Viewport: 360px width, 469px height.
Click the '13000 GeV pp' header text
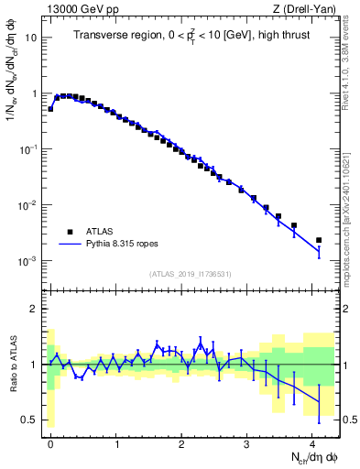[x=78, y=8]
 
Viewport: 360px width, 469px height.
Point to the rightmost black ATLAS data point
[x=319, y=240]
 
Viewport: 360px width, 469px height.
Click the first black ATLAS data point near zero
[x=50, y=108]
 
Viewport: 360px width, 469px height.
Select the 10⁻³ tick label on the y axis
[x=27, y=261]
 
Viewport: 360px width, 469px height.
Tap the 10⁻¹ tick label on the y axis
[x=27, y=149]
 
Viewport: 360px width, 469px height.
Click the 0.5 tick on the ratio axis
[x=29, y=420]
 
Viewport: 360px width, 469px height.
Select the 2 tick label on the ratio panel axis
[x=34, y=309]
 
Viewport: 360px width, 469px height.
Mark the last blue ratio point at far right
[x=319, y=401]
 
